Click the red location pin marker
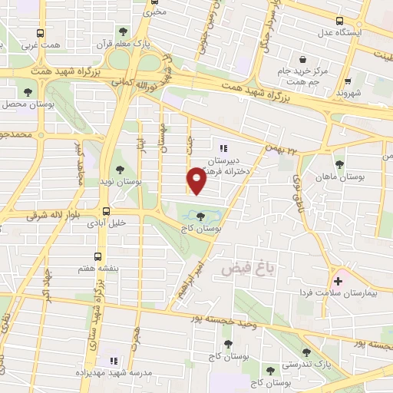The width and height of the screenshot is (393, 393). click(196, 180)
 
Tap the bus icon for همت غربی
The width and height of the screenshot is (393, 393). click(41, 34)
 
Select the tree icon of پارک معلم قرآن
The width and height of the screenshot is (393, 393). click(124, 32)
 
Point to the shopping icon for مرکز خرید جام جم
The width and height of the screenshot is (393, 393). click(304, 59)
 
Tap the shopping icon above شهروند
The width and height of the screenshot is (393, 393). click(348, 80)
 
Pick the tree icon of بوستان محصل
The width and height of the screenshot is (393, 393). click(28, 91)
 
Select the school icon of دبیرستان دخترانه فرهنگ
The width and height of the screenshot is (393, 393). click(223, 149)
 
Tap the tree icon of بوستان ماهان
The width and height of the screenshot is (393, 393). click(339, 164)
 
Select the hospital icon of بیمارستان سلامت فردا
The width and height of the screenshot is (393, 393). click(338, 281)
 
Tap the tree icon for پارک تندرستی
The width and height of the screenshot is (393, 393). click(306, 352)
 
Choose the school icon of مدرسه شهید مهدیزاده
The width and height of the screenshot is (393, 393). click(114, 361)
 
